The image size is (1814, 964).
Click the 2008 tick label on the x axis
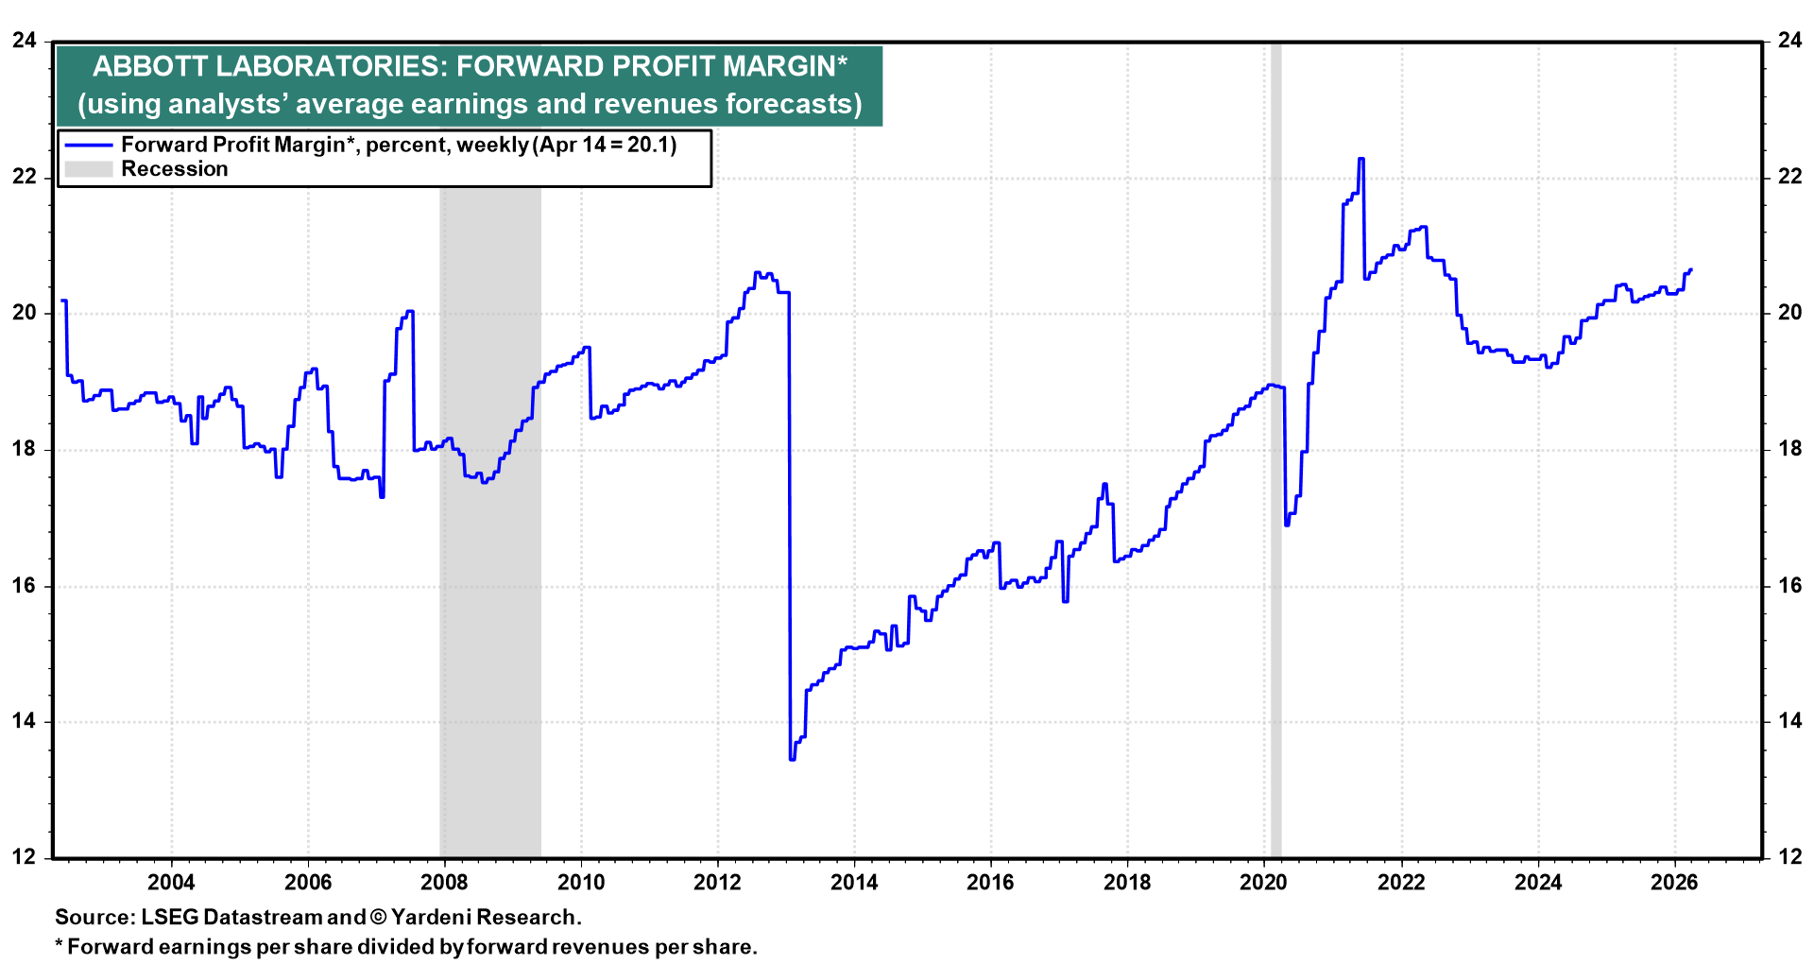(x=444, y=883)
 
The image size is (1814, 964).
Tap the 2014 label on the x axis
(x=854, y=883)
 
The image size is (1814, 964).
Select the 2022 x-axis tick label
(x=1401, y=883)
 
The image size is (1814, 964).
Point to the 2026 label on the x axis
(x=1674, y=883)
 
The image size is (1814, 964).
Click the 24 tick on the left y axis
(x=25, y=41)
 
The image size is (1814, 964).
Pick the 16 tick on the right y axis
(x=1789, y=585)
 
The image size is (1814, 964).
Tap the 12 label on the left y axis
(x=25, y=857)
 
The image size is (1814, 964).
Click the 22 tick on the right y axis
(x=1789, y=177)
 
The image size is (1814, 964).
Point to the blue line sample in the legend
(x=89, y=146)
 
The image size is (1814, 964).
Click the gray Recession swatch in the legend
(x=89, y=169)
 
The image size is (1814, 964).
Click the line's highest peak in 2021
(x=1360, y=159)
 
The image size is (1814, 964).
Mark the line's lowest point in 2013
(x=792, y=759)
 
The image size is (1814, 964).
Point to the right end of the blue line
(x=1690, y=269)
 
